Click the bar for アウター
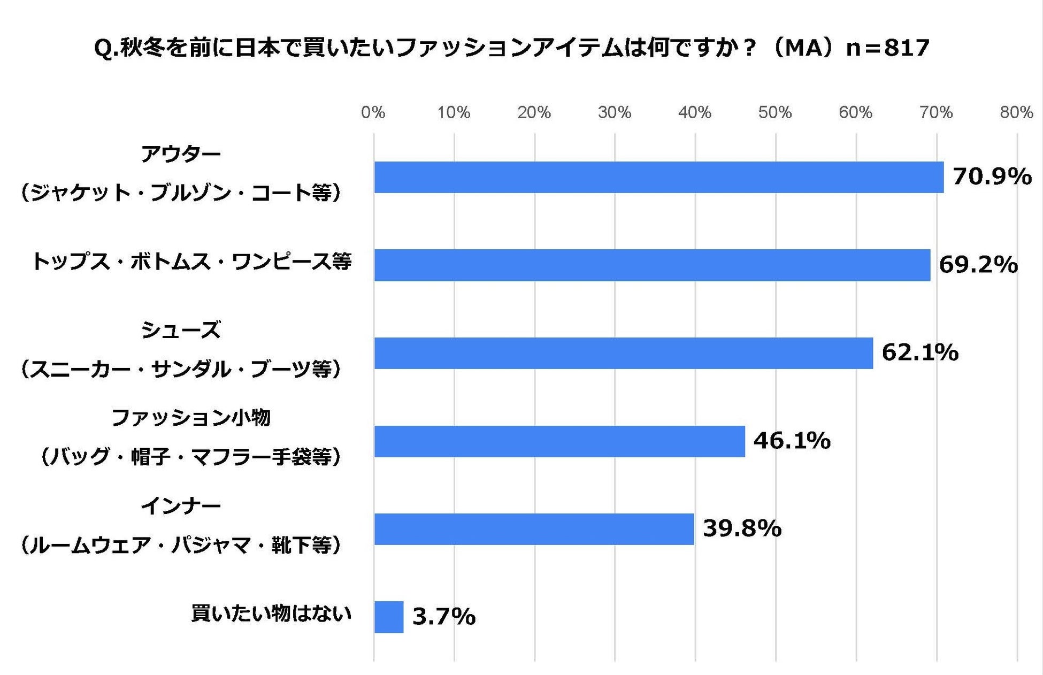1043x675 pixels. [x=658, y=177]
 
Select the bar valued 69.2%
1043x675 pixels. [x=652, y=265]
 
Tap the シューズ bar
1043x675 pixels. [x=623, y=353]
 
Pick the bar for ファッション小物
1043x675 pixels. [x=559, y=441]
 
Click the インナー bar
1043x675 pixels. [x=534, y=529]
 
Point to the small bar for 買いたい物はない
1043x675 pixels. [x=388, y=617]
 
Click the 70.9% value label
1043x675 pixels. [x=992, y=177]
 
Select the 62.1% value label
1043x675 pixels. [x=920, y=352]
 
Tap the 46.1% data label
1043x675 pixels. [x=792, y=441]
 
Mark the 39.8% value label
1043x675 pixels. [x=742, y=528]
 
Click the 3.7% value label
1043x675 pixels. [x=443, y=617]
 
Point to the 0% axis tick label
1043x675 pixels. [x=373, y=112]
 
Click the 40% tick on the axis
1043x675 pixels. [x=694, y=112]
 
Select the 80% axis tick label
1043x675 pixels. [x=1016, y=112]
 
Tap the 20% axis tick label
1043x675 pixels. [x=534, y=112]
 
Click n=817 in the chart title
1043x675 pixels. [x=888, y=48]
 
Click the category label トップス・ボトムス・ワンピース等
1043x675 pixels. [x=191, y=262]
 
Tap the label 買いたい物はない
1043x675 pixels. [x=271, y=613]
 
